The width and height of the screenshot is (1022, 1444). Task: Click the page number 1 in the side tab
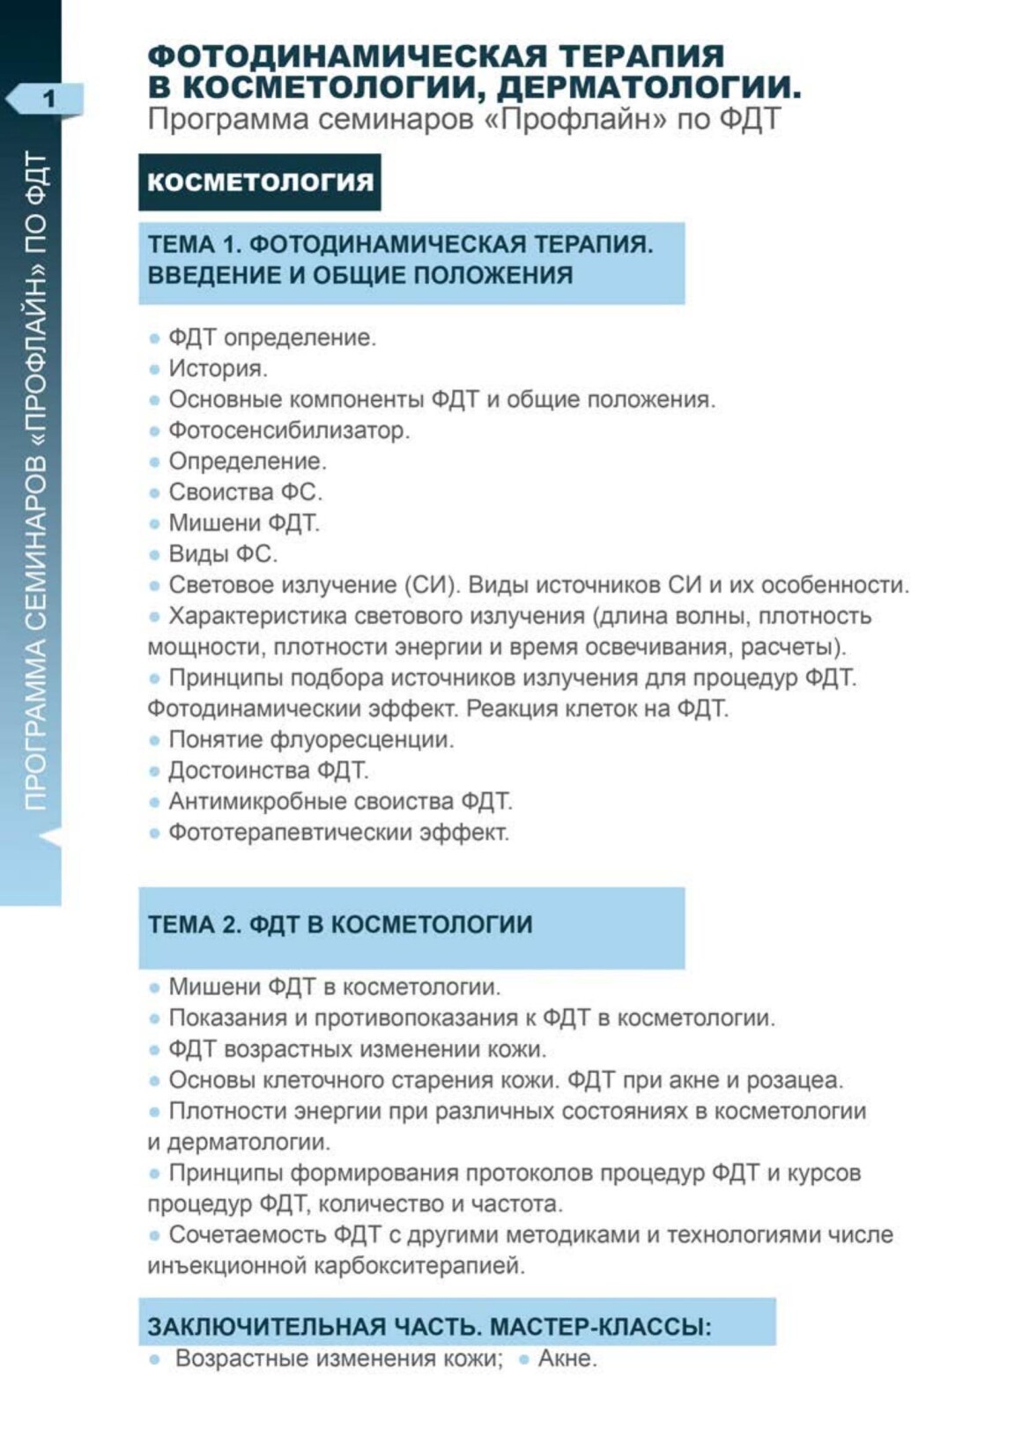click(48, 97)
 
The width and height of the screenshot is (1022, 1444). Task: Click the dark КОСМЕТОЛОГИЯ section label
click(260, 182)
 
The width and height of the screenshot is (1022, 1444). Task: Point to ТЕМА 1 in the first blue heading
click(193, 244)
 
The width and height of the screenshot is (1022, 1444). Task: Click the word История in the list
click(218, 368)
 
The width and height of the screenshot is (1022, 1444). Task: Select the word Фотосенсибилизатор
click(289, 431)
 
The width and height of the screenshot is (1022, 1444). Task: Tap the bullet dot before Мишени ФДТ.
click(154, 524)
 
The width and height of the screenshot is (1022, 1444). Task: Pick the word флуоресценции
click(369, 740)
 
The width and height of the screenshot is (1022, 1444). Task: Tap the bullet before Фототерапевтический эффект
click(154, 833)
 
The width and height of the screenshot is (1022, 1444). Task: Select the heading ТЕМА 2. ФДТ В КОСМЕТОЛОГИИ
click(340, 925)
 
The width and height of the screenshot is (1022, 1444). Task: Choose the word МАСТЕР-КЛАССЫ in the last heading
click(600, 1327)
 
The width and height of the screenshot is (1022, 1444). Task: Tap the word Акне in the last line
click(567, 1359)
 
